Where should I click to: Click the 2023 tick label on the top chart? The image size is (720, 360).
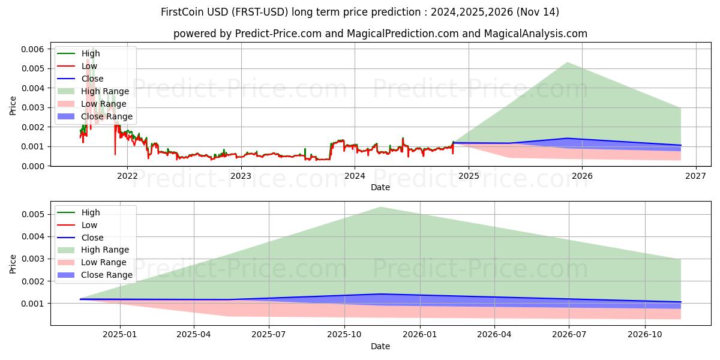(x=241, y=176)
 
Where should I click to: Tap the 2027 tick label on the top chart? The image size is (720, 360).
(x=695, y=176)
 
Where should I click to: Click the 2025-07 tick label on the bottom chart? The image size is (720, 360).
(x=269, y=335)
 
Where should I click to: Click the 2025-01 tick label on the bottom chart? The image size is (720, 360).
(x=121, y=335)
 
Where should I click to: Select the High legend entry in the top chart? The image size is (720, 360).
(x=91, y=53)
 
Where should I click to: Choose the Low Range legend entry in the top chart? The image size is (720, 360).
(x=104, y=104)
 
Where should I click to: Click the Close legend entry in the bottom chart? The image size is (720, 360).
(x=92, y=238)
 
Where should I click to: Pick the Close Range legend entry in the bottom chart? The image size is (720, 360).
(x=107, y=275)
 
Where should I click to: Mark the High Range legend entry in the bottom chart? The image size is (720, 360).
(x=105, y=250)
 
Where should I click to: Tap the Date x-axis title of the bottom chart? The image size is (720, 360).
(x=380, y=346)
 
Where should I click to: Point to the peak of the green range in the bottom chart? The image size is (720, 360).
(x=380, y=207)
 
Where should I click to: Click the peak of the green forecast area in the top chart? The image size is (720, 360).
(x=567, y=62)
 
